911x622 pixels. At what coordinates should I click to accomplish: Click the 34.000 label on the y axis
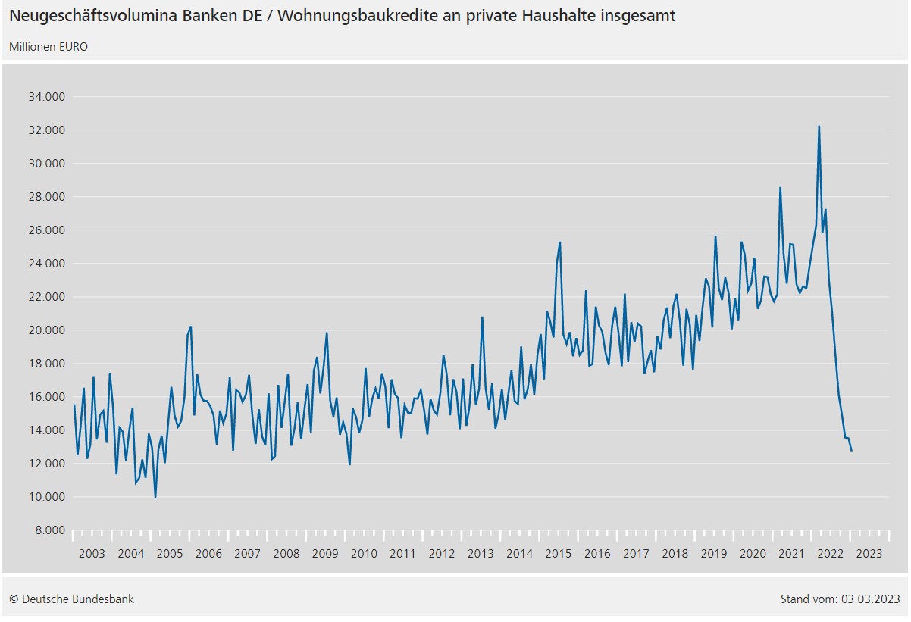click(x=47, y=97)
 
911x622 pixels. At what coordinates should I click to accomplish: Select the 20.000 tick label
click(x=47, y=330)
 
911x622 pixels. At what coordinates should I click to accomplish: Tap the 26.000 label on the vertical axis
click(x=47, y=230)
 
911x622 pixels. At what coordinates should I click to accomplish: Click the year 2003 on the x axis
click(x=92, y=554)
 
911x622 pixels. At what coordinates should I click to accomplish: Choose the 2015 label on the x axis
click(x=558, y=554)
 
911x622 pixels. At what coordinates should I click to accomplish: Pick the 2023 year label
click(x=869, y=554)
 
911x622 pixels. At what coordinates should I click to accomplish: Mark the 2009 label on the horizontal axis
click(x=325, y=554)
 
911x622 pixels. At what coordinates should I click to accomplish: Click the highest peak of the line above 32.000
click(x=819, y=127)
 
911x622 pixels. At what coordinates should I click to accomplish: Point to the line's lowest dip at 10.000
click(x=155, y=497)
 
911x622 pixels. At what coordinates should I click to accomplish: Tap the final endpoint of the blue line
click(x=851, y=451)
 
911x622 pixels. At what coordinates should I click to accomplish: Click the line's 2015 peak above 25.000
click(x=559, y=242)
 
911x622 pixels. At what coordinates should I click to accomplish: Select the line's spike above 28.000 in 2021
click(x=780, y=188)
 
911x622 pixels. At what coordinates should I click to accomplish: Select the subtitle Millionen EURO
click(x=49, y=47)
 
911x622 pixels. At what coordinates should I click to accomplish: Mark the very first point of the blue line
click(x=74, y=405)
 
